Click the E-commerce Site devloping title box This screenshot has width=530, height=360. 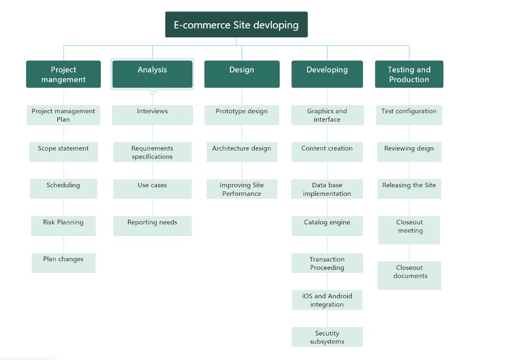point(236,25)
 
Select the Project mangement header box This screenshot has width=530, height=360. point(63,74)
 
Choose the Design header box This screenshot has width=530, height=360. point(242,74)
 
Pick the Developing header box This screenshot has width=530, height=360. point(327,74)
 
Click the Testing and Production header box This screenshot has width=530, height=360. point(409,74)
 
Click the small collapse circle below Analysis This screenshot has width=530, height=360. point(152,91)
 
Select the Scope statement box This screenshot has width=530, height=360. point(63,152)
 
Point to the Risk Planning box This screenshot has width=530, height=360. point(63,225)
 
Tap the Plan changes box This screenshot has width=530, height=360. point(63,263)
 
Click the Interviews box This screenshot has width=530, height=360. point(152,115)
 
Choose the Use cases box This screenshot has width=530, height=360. point(152,189)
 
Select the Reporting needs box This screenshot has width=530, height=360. point(152,226)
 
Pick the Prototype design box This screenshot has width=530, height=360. point(242,115)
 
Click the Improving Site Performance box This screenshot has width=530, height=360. point(242,189)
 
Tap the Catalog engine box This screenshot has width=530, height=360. point(327,226)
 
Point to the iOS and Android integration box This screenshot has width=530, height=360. point(327,300)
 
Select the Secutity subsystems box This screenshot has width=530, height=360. point(327,337)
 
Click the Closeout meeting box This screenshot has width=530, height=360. point(409,230)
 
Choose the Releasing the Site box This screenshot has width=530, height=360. point(409,189)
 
